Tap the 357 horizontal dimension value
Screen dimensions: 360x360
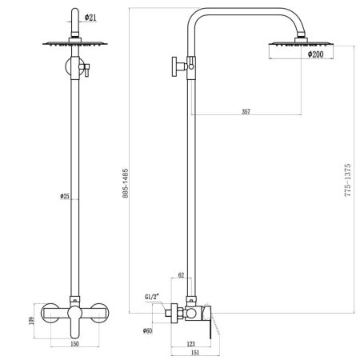(x=245, y=111)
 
